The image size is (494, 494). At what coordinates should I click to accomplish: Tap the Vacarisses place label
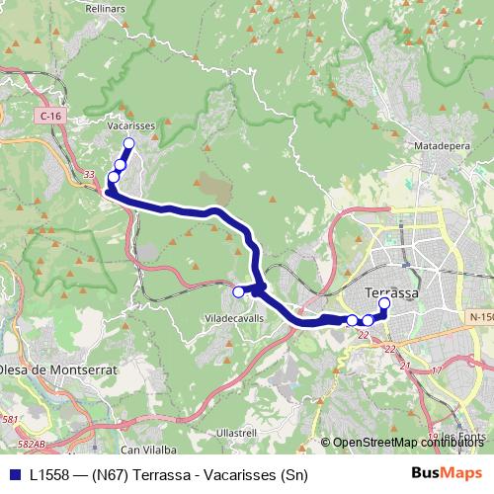(132, 126)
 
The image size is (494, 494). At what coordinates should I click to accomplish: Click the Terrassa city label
(391, 293)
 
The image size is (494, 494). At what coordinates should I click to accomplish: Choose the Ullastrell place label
(236, 433)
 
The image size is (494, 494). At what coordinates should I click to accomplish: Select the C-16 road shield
(51, 117)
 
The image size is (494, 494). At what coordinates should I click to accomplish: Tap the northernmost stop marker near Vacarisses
(128, 144)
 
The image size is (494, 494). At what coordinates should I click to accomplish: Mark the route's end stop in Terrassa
(384, 304)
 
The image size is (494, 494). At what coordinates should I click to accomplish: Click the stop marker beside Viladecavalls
(237, 291)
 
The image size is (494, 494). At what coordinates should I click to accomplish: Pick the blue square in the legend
(15, 474)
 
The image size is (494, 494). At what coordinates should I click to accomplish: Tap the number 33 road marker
(89, 175)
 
